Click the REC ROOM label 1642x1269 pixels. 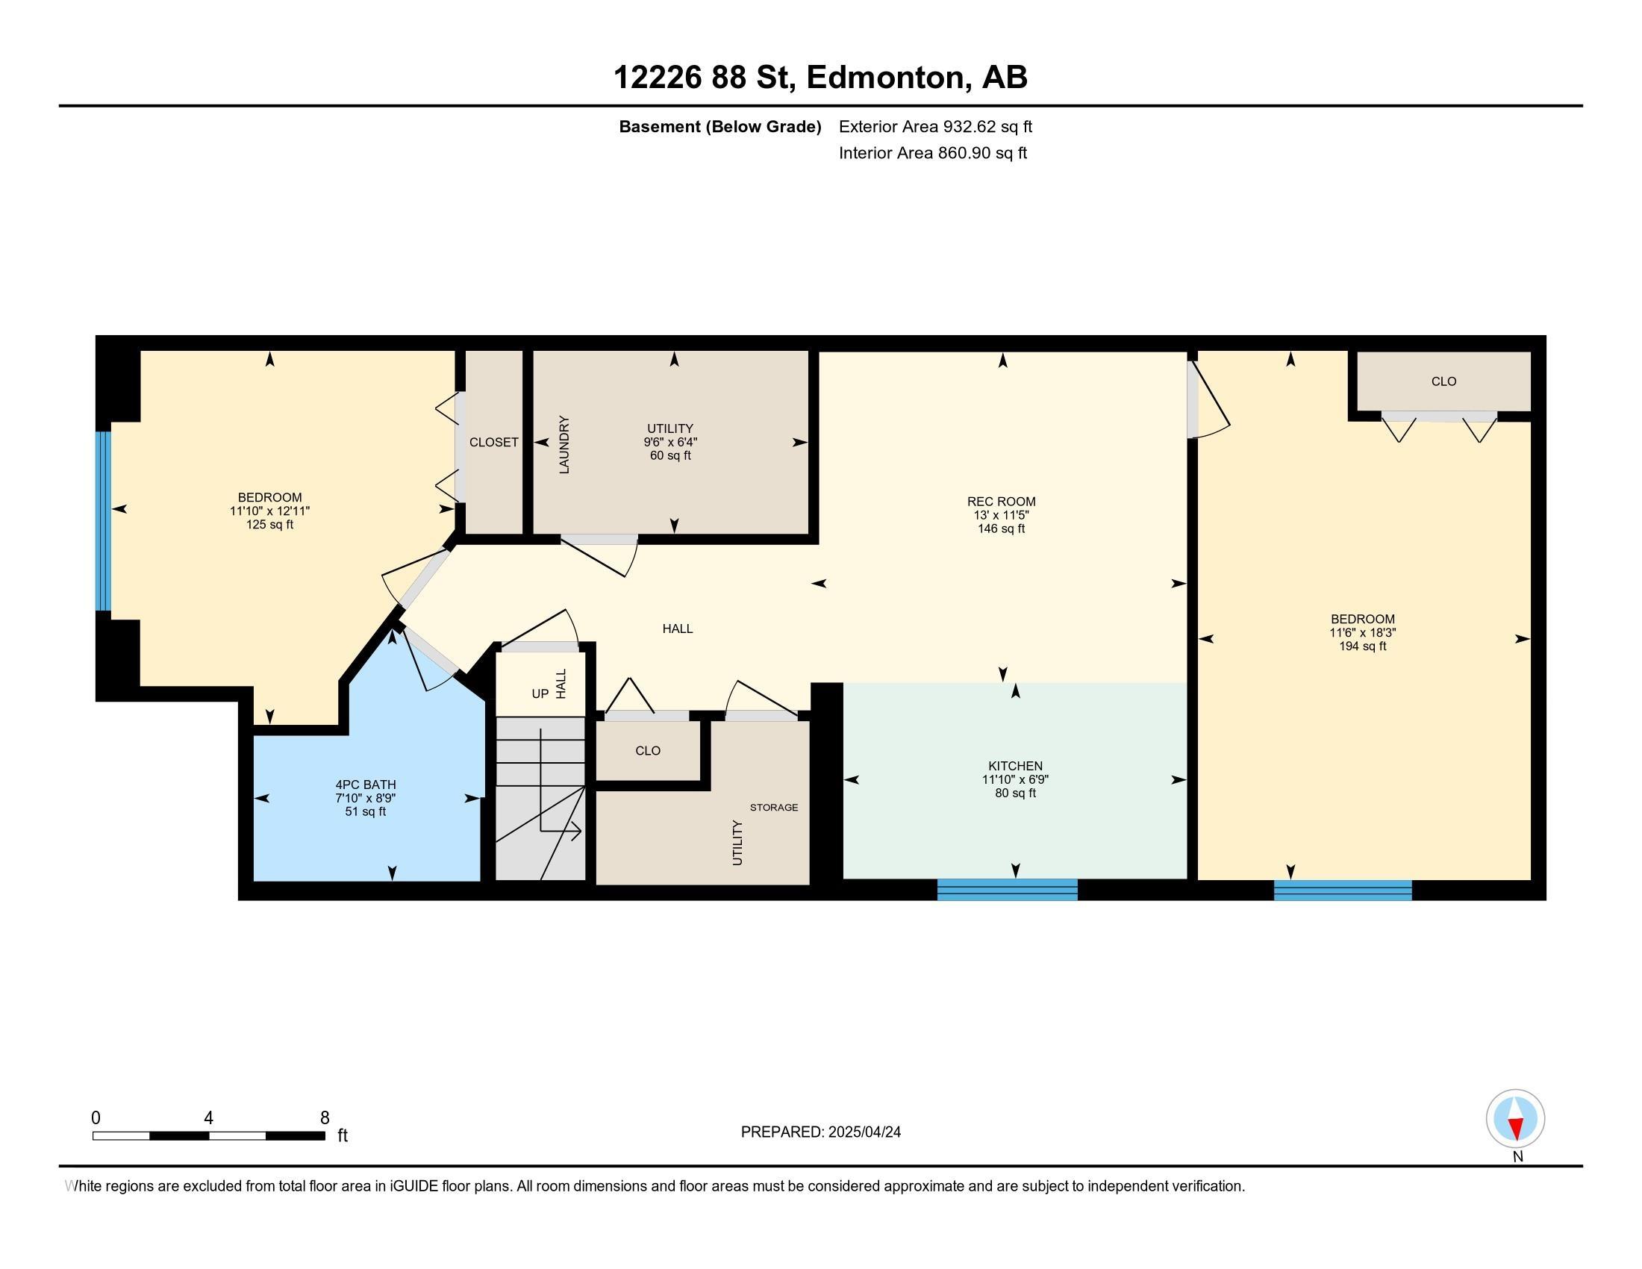[x=1001, y=502]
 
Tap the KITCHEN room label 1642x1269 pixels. [x=1015, y=766]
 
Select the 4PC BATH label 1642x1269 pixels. [x=366, y=785]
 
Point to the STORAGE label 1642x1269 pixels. [x=774, y=808]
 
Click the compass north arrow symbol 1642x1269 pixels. [x=1515, y=1119]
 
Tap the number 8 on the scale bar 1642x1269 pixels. [x=325, y=1118]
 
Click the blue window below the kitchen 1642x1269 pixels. [x=1008, y=889]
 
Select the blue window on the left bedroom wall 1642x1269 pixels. [x=103, y=521]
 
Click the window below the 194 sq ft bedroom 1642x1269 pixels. [x=1343, y=890]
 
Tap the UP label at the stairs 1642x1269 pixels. [x=540, y=694]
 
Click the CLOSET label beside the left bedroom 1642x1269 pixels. [x=494, y=442]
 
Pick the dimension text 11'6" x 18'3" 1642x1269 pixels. [x=1362, y=633]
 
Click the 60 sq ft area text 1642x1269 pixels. [x=670, y=455]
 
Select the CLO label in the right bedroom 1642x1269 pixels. [x=1443, y=382]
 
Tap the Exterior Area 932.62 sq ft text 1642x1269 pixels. [x=935, y=126]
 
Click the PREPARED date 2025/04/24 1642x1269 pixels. [x=864, y=1132]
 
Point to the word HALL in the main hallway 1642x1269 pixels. [x=678, y=629]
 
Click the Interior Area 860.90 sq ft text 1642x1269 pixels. [x=933, y=153]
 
